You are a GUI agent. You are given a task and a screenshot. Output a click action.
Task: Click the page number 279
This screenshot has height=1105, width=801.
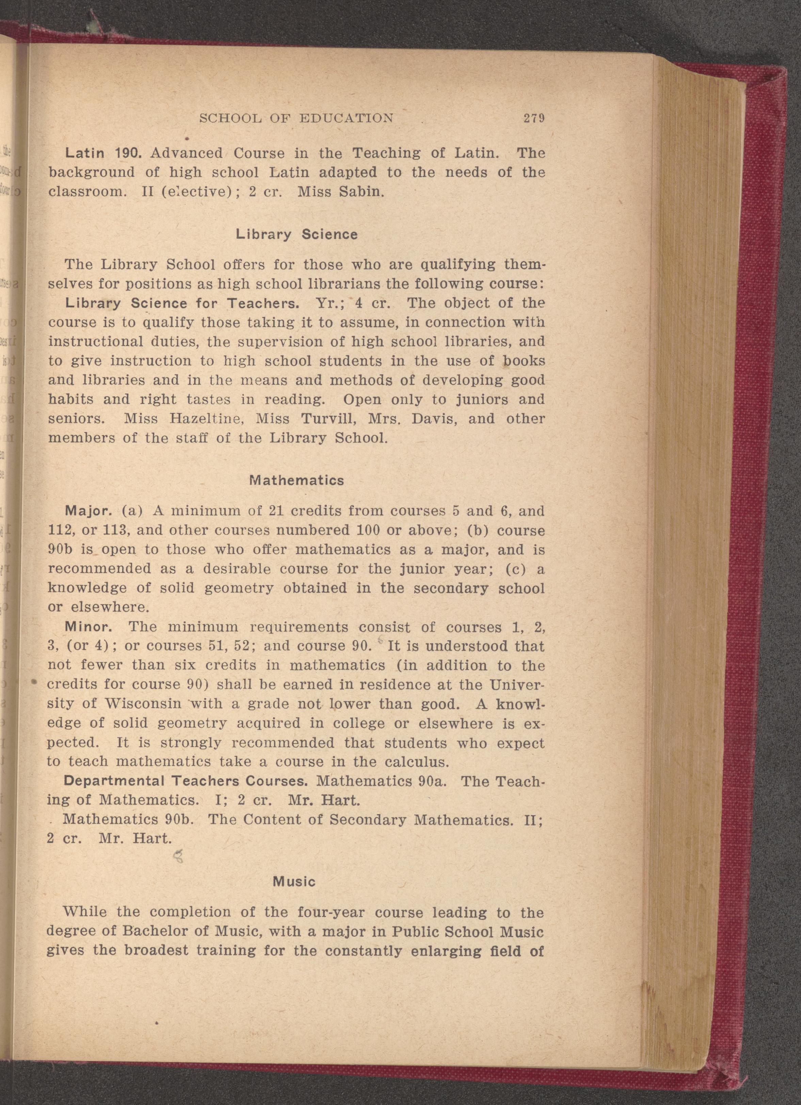point(533,118)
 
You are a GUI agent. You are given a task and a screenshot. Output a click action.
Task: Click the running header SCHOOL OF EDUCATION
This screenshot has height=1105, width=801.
point(297,118)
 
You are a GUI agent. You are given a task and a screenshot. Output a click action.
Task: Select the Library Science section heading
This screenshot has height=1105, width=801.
point(297,234)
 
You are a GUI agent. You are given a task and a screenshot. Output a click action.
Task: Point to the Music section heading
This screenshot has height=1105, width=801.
point(294,881)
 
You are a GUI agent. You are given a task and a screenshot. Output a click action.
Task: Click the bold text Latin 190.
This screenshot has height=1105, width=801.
point(103,153)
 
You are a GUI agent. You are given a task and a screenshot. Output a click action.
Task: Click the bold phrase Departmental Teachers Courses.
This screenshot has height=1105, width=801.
point(186,781)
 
